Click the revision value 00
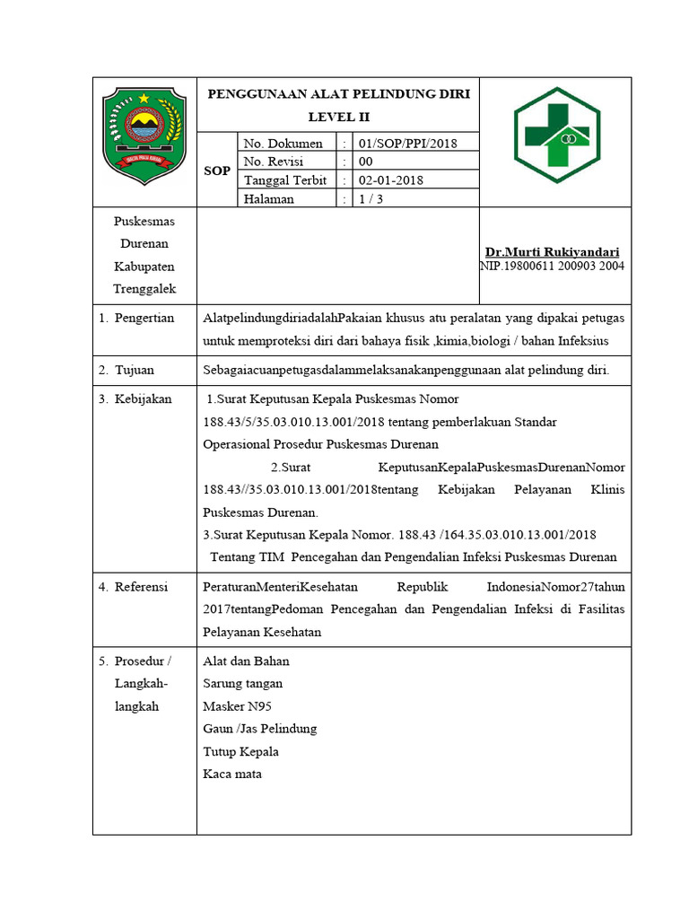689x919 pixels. point(366,162)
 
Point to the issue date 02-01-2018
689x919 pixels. point(391,180)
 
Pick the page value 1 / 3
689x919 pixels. point(371,199)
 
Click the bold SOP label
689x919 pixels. point(217,171)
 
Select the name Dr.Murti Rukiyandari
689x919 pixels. point(552,252)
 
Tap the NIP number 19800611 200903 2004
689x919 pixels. point(552,266)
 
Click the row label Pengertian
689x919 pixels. point(144,319)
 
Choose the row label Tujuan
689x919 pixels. point(134,370)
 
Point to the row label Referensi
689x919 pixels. point(141,587)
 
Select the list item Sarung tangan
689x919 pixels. point(243,683)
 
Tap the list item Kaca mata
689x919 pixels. point(232,774)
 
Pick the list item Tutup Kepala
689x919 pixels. point(241,751)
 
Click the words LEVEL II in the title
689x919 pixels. point(338,117)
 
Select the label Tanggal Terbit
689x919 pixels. point(285,180)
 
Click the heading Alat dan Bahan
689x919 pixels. point(247,661)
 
